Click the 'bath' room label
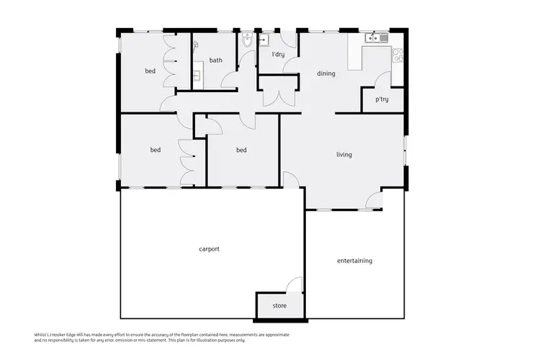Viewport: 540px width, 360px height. [x=215, y=60]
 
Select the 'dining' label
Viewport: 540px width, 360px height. [x=325, y=73]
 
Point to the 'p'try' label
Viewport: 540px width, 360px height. [x=382, y=99]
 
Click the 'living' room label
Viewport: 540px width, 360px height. [x=343, y=154]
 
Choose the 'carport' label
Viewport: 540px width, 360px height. [x=209, y=249]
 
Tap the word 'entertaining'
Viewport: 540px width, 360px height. [x=354, y=261]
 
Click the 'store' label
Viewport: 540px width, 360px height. [x=279, y=306]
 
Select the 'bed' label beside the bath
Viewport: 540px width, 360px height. [x=150, y=71]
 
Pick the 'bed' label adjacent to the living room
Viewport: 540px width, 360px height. [x=241, y=150]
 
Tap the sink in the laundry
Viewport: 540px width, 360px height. [x=263, y=40]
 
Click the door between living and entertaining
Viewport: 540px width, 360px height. [x=374, y=202]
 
